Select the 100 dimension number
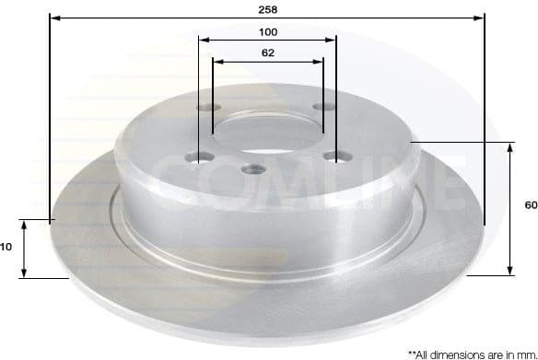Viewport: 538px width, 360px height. [268, 30]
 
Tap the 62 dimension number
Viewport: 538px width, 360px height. [268, 52]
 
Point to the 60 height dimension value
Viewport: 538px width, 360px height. [530, 205]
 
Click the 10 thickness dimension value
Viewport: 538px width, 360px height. [6, 247]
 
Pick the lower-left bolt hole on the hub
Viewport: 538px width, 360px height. [196, 157]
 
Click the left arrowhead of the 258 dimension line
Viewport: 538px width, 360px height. [53, 17]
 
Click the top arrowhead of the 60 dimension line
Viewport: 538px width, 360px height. [510, 147]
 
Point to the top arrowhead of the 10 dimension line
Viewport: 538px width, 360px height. [25, 225]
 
